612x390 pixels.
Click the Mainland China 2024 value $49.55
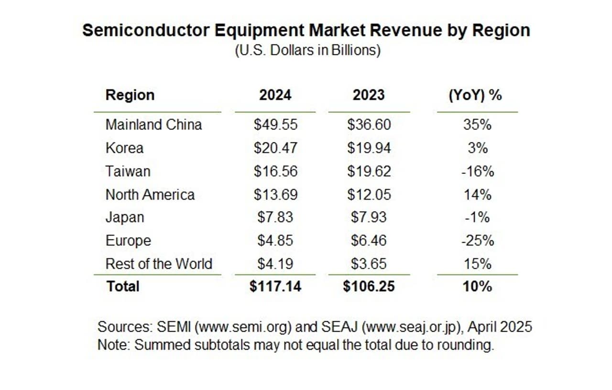(275, 125)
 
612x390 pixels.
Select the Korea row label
(124, 148)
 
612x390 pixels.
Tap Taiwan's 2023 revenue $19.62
(369, 171)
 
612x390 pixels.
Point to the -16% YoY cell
(477, 171)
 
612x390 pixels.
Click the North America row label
(150, 195)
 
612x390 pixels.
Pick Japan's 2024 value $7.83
(275, 217)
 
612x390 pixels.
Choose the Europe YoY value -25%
(477, 240)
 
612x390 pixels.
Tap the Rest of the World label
(159, 264)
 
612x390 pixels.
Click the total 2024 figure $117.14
(275, 287)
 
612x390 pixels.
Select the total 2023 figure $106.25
(369, 287)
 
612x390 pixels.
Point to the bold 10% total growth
(477, 287)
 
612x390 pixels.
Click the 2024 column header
(275, 95)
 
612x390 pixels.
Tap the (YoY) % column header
(475, 95)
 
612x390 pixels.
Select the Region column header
(130, 95)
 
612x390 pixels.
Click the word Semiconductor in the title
(145, 31)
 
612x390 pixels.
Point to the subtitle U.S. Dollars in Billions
(307, 51)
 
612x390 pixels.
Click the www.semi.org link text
(244, 327)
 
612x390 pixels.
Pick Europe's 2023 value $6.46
(369, 240)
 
